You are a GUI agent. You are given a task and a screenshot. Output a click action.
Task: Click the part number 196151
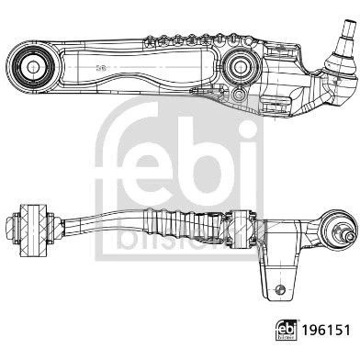click(x=326, y=331)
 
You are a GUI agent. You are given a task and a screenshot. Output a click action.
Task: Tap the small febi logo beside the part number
click(x=287, y=331)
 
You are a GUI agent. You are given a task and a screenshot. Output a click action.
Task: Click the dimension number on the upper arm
click(x=101, y=69)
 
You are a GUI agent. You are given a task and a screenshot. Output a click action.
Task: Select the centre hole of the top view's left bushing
click(x=33, y=67)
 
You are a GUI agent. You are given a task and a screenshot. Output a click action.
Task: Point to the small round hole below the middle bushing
click(x=239, y=95)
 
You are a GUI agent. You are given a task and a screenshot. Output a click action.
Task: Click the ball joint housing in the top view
click(x=340, y=62)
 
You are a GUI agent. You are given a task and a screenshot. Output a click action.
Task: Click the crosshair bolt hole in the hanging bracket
click(x=280, y=290)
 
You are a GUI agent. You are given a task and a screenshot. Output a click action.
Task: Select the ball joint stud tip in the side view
click(x=351, y=235)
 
